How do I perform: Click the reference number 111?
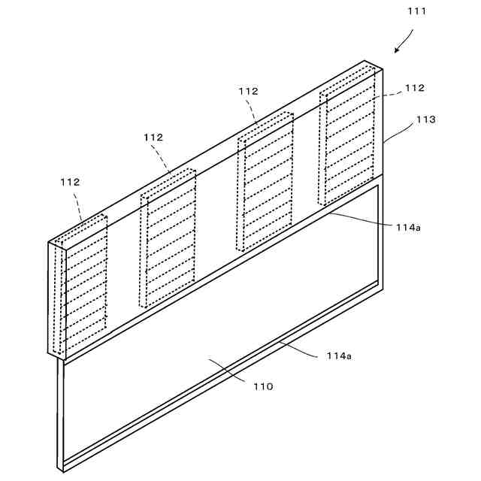(417, 11)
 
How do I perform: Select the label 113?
(425, 119)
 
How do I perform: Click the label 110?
(263, 386)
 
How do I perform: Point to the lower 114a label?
(338, 355)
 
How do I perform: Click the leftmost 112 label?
(70, 182)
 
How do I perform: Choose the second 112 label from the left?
(153, 137)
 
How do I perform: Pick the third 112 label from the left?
(248, 91)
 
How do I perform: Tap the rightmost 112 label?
(415, 88)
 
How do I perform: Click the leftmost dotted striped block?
(86, 285)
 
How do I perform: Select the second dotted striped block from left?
(168, 239)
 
